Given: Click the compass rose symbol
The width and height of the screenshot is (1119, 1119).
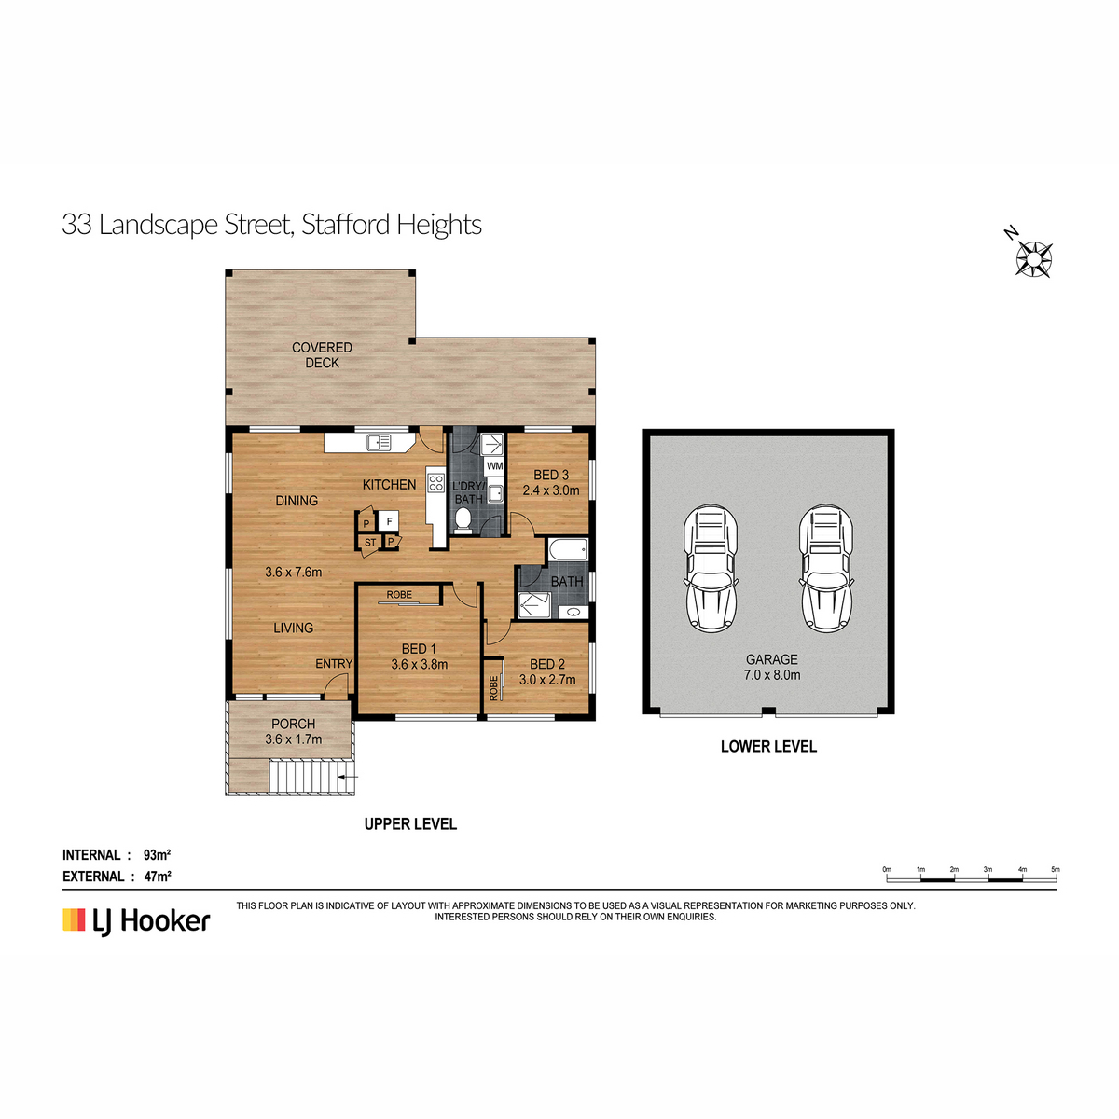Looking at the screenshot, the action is pos(1033,258).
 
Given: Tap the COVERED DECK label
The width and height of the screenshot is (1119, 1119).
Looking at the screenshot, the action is pos(322,354).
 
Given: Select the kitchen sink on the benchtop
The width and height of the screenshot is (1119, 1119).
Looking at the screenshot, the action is pos(380,443).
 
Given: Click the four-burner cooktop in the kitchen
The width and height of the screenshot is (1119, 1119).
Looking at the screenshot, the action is pos(436,483).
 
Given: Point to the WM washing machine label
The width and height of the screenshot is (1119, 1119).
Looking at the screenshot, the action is pos(494,465).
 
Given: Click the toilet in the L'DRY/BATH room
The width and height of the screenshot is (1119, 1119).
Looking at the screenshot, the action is pos(463,519).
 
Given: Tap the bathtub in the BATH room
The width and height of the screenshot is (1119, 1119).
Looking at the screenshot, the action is pos(568,549).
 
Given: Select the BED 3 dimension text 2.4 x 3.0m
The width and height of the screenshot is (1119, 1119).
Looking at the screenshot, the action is pos(550,490).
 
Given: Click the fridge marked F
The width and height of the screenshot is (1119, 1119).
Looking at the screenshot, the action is pos(389,521).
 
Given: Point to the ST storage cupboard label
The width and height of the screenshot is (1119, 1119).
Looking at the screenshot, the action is pos(370,543).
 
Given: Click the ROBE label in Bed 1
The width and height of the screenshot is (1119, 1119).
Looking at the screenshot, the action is pos(399,595).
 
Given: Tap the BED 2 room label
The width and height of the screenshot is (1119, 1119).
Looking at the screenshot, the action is pos(547,664).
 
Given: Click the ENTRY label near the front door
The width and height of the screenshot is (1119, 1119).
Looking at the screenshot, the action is pos(334,664).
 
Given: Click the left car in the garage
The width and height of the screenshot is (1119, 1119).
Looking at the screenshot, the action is pos(711,569).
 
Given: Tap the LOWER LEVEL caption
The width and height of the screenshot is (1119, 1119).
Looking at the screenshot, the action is pos(768,747).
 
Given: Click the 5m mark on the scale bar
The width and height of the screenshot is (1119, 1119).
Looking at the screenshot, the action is pos(1055,869).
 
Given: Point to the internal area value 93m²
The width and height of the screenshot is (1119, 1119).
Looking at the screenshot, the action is pos(157,855).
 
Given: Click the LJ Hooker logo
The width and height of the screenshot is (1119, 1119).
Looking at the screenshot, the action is pos(136,921).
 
